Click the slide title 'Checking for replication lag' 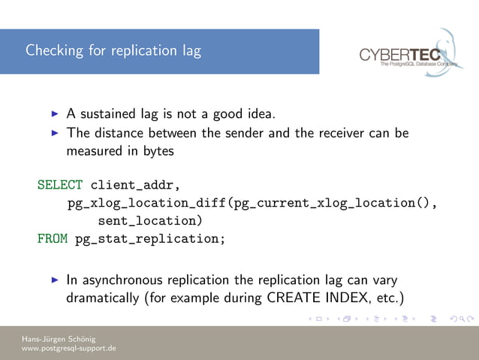(113, 51)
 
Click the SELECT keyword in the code (60, 185)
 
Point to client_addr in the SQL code (136, 185)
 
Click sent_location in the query (149, 222)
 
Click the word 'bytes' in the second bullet (158, 150)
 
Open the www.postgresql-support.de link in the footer (68, 349)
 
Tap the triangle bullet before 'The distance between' (54, 133)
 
